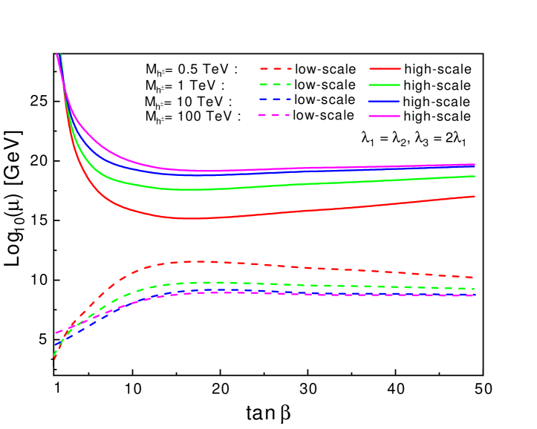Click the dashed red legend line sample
pyautogui.click(x=276, y=68)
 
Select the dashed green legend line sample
pyautogui.click(x=276, y=85)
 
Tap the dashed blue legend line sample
pyautogui.click(x=276, y=99)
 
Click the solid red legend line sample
pyautogui.click(x=384, y=68)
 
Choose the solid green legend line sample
pyautogui.click(x=384, y=85)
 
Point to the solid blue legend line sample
pyautogui.click(x=384, y=101)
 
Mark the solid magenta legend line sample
pyautogui.click(x=384, y=117)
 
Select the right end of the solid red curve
pyautogui.click(x=475, y=196)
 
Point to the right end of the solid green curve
pyautogui.click(x=475, y=176)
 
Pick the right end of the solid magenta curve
pyautogui.click(x=475, y=164)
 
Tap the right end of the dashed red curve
pyautogui.click(x=475, y=278)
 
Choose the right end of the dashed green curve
pyautogui.click(x=475, y=289)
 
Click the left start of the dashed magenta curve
pyautogui.click(x=56, y=333)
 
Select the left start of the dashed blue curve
pyautogui.click(x=56, y=347)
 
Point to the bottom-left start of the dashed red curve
pyautogui.click(x=55, y=358)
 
